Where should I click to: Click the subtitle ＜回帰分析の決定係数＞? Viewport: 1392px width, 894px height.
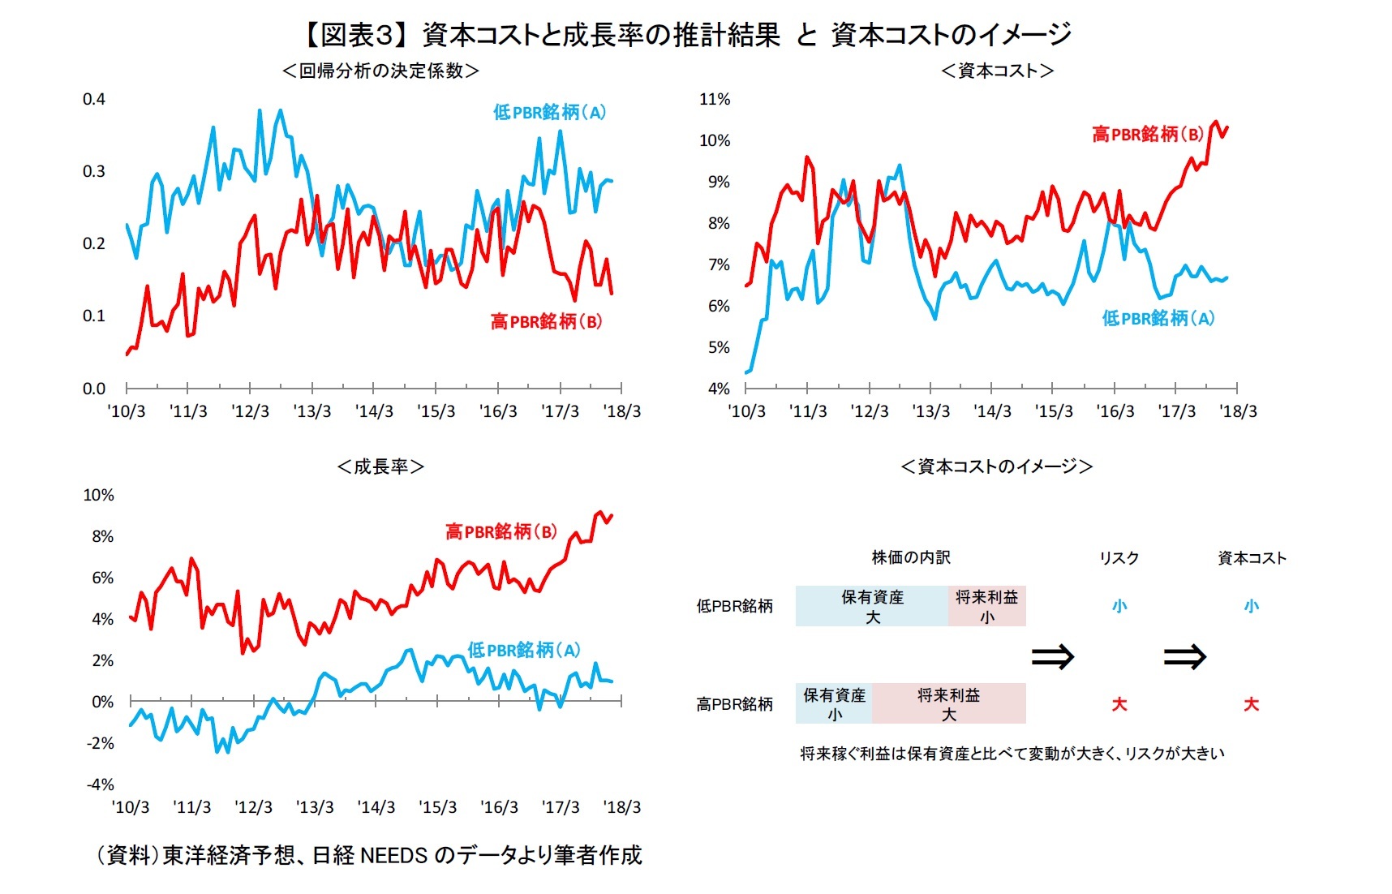tap(380, 71)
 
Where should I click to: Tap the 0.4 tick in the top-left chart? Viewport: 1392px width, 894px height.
tap(94, 99)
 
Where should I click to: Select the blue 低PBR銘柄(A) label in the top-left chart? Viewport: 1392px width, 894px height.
tap(549, 113)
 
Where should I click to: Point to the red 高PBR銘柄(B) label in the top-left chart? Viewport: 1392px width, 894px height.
tap(546, 321)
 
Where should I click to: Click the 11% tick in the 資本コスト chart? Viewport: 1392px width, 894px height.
tap(715, 99)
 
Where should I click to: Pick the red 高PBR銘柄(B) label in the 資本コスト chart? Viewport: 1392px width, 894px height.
tap(1148, 134)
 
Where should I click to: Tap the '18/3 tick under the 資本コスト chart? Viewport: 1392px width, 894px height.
tap(1238, 411)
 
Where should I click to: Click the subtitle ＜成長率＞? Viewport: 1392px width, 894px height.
tap(380, 466)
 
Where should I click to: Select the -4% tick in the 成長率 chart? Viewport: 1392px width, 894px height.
tap(101, 784)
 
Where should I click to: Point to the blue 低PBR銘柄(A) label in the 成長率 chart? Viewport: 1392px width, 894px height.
tap(524, 650)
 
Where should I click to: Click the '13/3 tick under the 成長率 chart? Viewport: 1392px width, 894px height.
tap(315, 807)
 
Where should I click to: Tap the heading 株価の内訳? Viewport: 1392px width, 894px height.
tap(910, 557)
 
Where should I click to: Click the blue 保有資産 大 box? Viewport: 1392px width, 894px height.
tap(872, 606)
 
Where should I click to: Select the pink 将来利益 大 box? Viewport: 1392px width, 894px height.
tap(948, 703)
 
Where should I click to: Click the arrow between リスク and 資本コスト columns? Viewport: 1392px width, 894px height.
tap(1185, 655)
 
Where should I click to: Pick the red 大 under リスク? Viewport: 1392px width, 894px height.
tap(1119, 704)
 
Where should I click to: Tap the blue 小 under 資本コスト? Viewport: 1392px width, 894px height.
tap(1251, 606)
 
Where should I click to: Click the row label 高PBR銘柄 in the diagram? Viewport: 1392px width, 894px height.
tap(734, 703)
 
